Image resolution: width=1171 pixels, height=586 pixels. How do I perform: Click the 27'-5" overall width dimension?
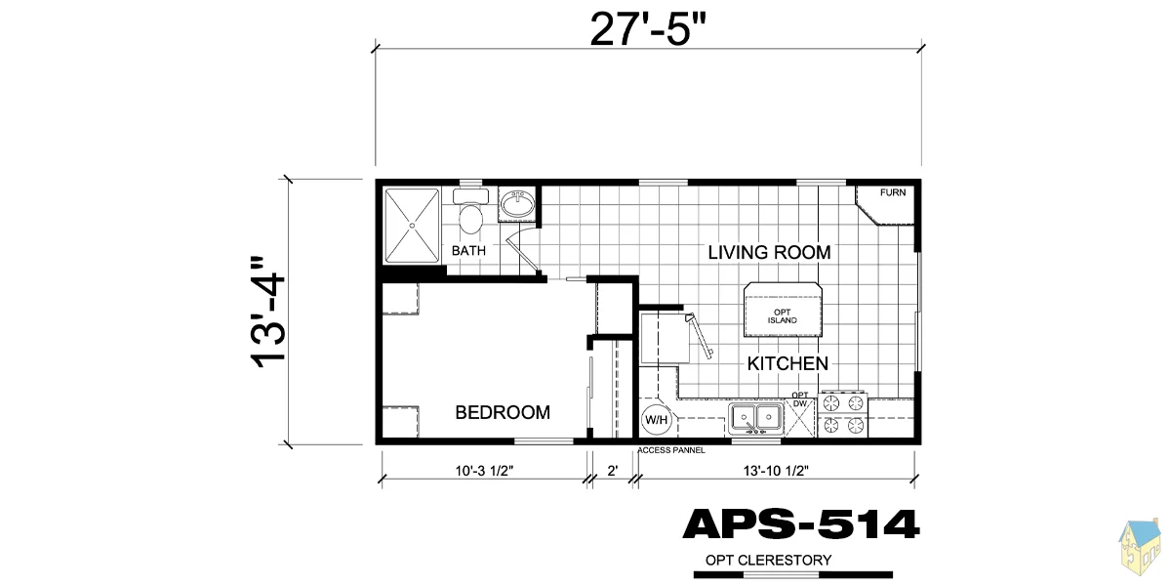(x=648, y=30)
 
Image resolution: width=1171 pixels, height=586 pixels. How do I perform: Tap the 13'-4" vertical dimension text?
(x=268, y=313)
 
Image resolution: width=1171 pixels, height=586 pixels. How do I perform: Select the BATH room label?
(x=468, y=251)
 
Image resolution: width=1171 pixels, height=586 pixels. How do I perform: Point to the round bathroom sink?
(x=517, y=203)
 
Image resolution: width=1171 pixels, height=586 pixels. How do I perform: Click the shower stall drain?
(x=412, y=226)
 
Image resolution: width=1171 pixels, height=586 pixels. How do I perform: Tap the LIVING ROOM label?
(x=769, y=253)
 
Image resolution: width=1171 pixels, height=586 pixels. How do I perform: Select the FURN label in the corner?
(x=893, y=192)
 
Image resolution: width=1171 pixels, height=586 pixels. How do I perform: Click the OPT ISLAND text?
(x=782, y=316)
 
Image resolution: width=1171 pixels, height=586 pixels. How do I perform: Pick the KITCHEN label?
(x=787, y=363)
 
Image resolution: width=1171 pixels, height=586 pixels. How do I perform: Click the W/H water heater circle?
(x=656, y=420)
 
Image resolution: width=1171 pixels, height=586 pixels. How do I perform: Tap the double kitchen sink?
(x=756, y=419)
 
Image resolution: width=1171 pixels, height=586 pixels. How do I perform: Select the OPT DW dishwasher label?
(x=800, y=399)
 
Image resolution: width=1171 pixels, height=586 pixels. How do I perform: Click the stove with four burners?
(x=843, y=414)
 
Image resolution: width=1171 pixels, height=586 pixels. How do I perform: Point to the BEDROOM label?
(x=503, y=412)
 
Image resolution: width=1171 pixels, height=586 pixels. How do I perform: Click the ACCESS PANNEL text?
(x=671, y=450)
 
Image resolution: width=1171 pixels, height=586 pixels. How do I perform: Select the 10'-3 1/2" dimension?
(x=484, y=471)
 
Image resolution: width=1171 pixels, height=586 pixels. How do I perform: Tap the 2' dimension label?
(x=613, y=471)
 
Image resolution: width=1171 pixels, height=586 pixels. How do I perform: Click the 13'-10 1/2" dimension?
(x=776, y=471)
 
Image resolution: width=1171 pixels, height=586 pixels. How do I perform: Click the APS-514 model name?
(x=801, y=524)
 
